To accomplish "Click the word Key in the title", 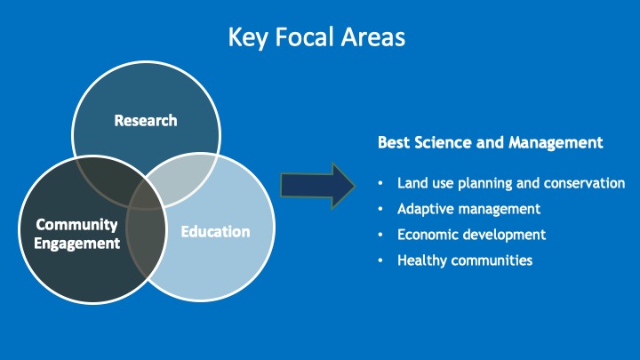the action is coord(248,37).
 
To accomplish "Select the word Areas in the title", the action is coord(373,36).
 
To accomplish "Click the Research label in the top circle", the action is coord(146,120).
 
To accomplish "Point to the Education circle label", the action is coord(215,231).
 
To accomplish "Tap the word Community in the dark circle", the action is coord(76,225).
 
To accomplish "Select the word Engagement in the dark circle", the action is coord(76,244).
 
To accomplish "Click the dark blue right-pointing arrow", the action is coord(317,186).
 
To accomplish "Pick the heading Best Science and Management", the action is coord(490,142).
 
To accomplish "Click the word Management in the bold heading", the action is coord(556,143).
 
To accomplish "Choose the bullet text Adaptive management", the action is coord(469,209).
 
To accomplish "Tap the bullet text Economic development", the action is coord(471,235).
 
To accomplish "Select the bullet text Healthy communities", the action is coord(465,260).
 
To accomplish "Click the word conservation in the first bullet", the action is coord(585,183).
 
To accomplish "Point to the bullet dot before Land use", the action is coord(380,183).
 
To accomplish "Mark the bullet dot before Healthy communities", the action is coord(380,260).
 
